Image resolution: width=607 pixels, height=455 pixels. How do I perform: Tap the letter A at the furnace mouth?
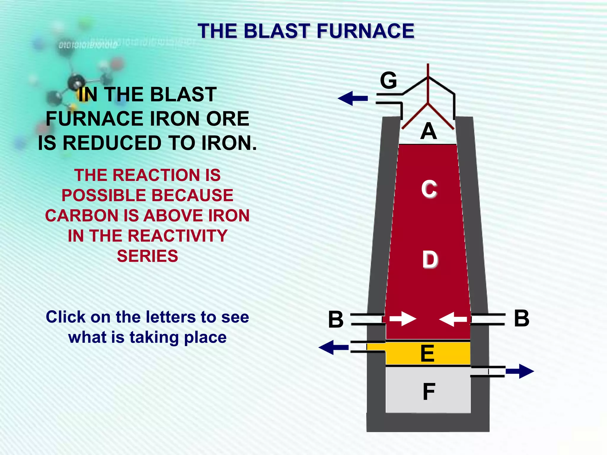429,131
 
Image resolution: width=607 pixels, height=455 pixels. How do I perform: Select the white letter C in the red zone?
429,189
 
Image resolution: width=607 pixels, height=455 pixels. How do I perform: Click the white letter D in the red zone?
430,259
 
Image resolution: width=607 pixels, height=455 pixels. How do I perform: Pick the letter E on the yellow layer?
427,353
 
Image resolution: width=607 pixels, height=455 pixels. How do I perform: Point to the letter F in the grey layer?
429,392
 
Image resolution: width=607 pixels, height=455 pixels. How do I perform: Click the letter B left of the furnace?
336,319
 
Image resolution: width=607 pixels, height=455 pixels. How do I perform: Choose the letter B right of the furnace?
521,318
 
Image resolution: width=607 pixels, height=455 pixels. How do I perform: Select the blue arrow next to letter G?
353,98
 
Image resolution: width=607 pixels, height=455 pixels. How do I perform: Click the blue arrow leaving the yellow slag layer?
333,347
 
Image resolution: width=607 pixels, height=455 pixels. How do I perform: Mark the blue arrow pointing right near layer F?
520,371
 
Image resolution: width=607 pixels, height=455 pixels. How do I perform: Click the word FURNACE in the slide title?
365,31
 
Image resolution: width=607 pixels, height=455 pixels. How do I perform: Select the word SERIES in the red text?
147,256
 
